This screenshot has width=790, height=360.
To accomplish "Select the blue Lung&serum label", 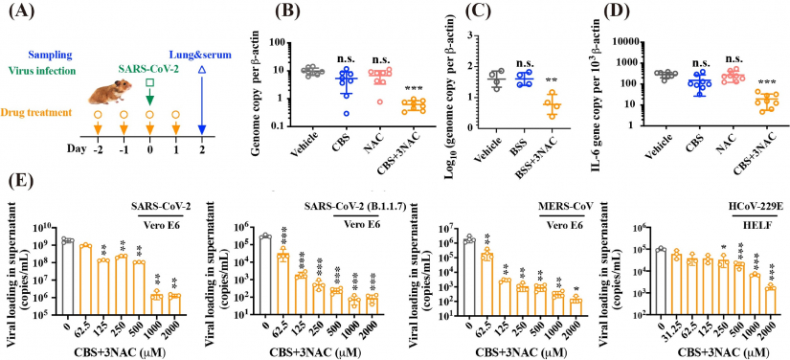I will point(202,55).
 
